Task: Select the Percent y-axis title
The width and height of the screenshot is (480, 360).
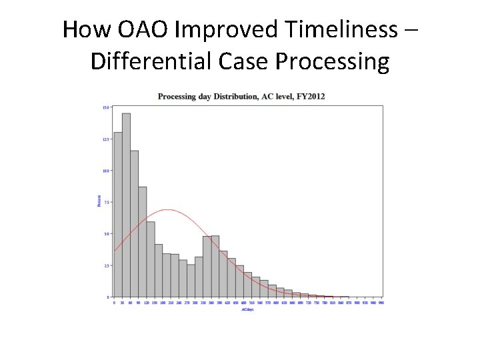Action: point(99,201)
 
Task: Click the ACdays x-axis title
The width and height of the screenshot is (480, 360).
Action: point(247,310)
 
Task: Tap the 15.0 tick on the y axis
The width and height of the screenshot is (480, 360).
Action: point(105,107)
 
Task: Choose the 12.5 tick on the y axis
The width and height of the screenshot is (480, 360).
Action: point(105,139)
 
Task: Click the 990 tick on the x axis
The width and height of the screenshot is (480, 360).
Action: point(381,302)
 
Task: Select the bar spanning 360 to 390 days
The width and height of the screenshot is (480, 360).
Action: point(215,266)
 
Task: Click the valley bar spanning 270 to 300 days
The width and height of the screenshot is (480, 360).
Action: point(191,281)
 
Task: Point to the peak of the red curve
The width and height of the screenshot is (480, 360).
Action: point(167,210)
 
